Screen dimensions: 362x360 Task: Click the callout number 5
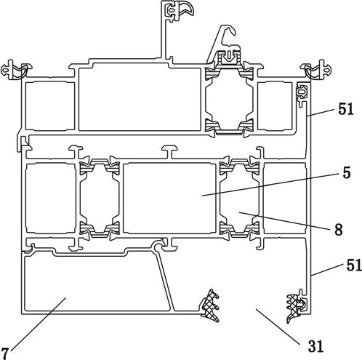[x=347, y=173]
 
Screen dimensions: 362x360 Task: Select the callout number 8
[x=339, y=229]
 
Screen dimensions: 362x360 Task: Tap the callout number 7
[x=4, y=353]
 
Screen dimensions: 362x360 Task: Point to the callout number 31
[x=315, y=346]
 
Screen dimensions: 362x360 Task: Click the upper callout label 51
[x=346, y=109]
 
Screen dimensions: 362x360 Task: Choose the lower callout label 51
[x=354, y=265]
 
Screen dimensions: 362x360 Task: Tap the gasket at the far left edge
[x=17, y=70]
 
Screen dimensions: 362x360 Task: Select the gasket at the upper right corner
[x=315, y=70]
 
